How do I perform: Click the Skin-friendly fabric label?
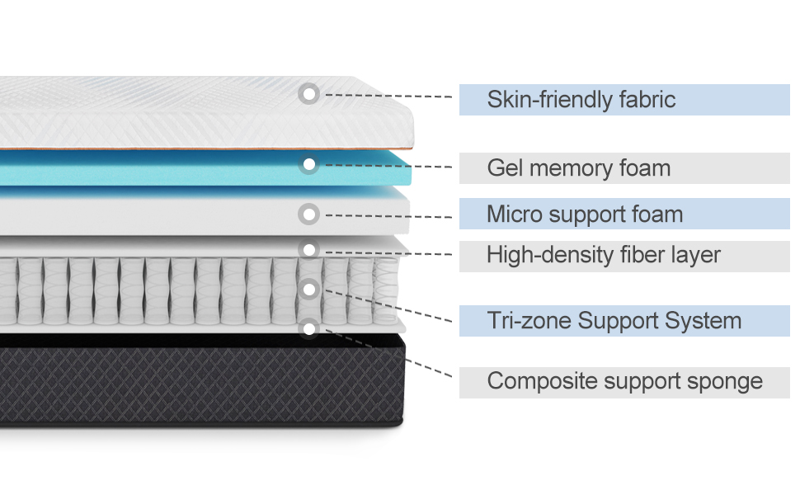581,100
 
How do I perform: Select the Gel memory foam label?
578,168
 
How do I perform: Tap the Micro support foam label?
585,214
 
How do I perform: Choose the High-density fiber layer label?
604,255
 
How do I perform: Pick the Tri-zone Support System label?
614,320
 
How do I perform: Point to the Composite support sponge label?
624,381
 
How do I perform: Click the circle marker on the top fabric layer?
309,94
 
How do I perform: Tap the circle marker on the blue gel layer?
309,165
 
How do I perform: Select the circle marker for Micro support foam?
309,214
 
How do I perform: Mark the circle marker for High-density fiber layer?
309,249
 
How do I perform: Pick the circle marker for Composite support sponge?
309,329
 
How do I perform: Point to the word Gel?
505,168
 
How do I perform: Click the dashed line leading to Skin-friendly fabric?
388,96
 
